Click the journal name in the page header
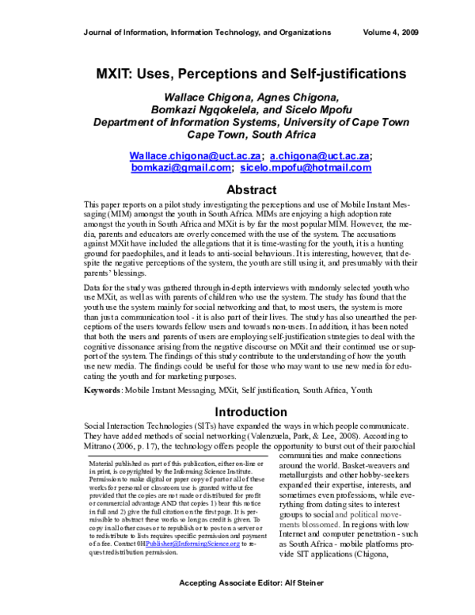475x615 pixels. coord(207,32)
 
